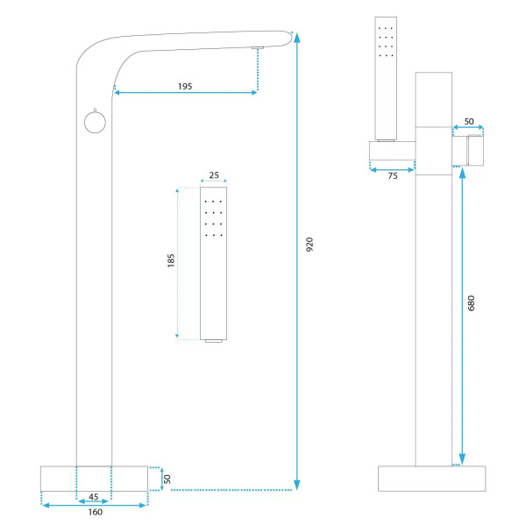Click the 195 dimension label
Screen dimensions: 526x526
pos(185,87)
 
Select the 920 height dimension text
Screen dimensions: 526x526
pos(309,245)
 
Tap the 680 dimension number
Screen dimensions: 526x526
pos(471,303)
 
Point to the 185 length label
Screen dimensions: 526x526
pos(171,260)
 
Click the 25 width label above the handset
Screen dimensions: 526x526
pos(214,175)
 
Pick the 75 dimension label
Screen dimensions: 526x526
pos(393,176)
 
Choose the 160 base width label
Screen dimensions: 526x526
pos(96,512)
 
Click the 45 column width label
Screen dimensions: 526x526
pos(94,496)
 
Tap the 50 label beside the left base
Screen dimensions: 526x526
pos(167,479)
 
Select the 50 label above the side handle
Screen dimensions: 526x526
pos(469,122)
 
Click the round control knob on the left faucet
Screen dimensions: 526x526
pos(95,122)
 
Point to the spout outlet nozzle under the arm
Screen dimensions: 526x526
pos(258,48)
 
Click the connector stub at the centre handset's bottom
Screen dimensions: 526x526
pos(214,341)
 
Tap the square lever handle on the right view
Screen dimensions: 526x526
pos(476,150)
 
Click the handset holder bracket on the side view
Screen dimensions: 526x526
pos(392,151)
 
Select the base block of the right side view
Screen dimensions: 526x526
pos(431,479)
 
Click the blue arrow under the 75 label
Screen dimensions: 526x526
pos(392,170)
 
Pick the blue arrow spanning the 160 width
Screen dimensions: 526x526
pos(95,505)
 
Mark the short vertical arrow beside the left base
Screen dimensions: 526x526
pos(161,479)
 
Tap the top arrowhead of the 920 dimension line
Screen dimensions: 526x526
pos(297,37)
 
